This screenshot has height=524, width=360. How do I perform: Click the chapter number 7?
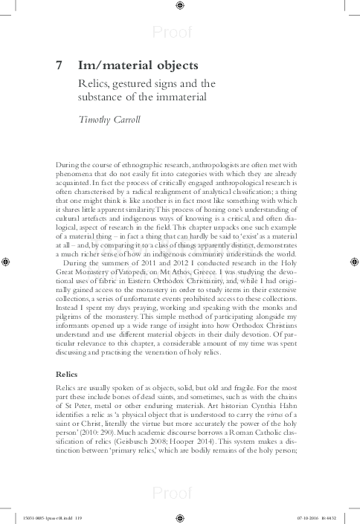pyautogui.click(x=60, y=65)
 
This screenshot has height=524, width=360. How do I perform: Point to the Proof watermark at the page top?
pyautogui.click(x=179, y=30)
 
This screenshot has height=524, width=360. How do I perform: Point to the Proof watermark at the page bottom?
pyautogui.click(x=179, y=492)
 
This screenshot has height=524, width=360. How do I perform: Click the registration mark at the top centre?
pyautogui.click(x=180, y=7)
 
